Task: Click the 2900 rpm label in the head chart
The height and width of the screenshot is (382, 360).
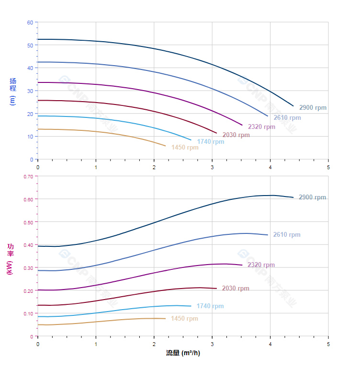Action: pyautogui.click(x=313, y=108)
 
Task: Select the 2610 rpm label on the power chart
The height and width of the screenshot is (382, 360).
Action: pyautogui.click(x=287, y=235)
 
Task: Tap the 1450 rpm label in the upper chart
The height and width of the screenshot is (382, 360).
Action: pyautogui.click(x=185, y=148)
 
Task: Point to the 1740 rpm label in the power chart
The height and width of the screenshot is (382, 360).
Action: pyautogui.click(x=210, y=306)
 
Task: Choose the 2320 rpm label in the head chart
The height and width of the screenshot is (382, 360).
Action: pyautogui.click(x=261, y=127)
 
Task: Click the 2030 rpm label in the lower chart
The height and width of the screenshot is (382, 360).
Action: pyautogui.click(x=236, y=289)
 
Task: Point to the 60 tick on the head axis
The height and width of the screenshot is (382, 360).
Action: pyautogui.click(x=30, y=23)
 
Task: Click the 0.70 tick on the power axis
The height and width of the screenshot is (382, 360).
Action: pyautogui.click(x=28, y=176)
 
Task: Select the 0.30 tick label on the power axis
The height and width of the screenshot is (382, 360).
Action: pyautogui.click(x=28, y=268)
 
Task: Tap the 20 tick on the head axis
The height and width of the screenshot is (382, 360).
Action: pyautogui.click(x=30, y=114)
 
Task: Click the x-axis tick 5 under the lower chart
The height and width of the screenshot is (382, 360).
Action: pyautogui.click(x=328, y=344)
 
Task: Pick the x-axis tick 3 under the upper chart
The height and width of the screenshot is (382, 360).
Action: pyautogui.click(x=212, y=167)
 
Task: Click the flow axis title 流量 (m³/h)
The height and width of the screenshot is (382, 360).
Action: pyautogui.click(x=183, y=353)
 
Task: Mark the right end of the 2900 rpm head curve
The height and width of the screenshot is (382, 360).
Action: pyautogui.click(x=293, y=106)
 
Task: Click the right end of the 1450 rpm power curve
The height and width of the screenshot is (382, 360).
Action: pyautogui.click(x=165, y=318)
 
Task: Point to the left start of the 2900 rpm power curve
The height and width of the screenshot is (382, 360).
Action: pyautogui.click(x=38, y=246)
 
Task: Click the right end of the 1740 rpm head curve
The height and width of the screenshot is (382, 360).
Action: pyautogui.click(x=191, y=140)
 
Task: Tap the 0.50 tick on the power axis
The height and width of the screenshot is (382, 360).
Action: pyautogui.click(x=28, y=222)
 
